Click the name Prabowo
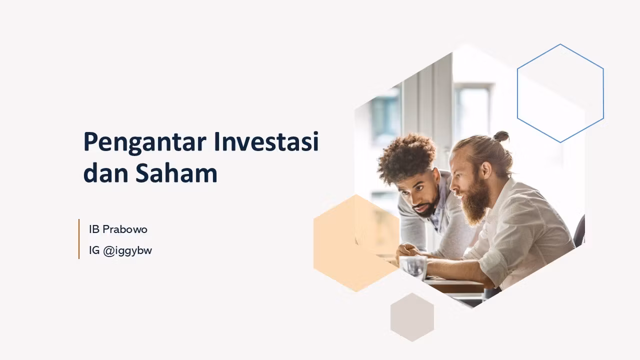tap(125, 229)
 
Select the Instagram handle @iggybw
tap(127, 251)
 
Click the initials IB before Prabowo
tap(94, 229)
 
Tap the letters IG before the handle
tap(94, 251)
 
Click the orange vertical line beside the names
tap(79, 239)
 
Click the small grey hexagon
tap(412, 317)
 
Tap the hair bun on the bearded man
tap(501, 136)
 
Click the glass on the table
tap(413, 267)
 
